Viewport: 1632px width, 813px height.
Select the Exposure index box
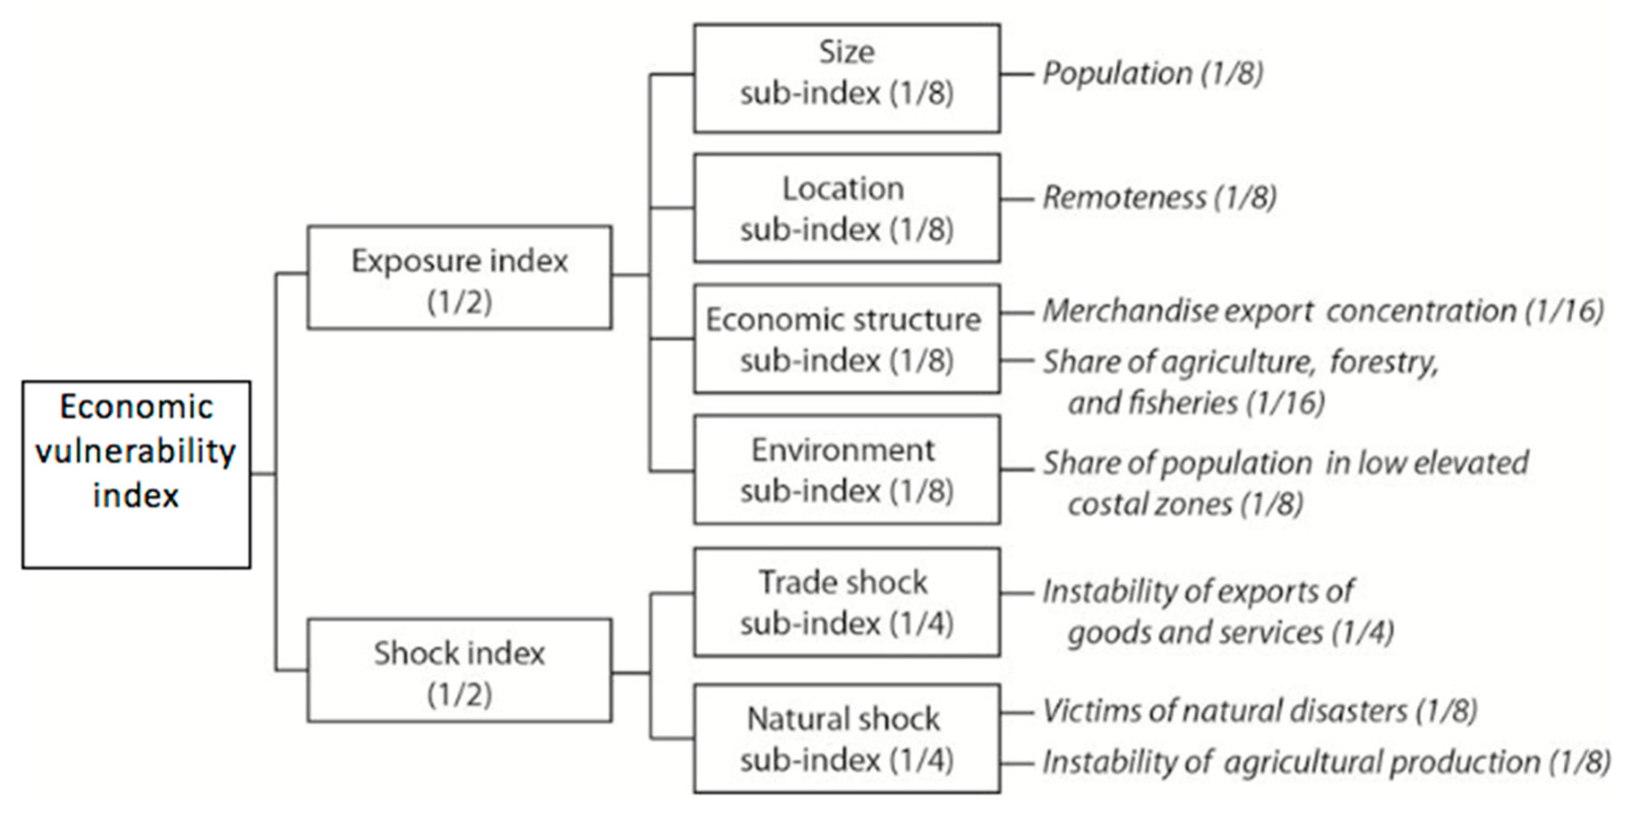[459, 277]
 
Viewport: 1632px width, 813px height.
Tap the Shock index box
[459, 670]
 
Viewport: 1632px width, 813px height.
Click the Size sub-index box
[847, 78]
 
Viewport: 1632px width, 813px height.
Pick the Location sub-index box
[847, 207]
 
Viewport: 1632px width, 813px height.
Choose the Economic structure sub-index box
[847, 339]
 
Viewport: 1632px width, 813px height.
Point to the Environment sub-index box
[847, 469]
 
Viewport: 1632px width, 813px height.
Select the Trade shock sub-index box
[847, 601]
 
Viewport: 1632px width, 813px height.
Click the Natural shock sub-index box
[847, 738]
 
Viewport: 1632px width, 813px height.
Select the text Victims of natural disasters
[1225, 711]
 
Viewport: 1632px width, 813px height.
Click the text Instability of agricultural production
[1291, 762]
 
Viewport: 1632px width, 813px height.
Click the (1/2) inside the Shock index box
[459, 695]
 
